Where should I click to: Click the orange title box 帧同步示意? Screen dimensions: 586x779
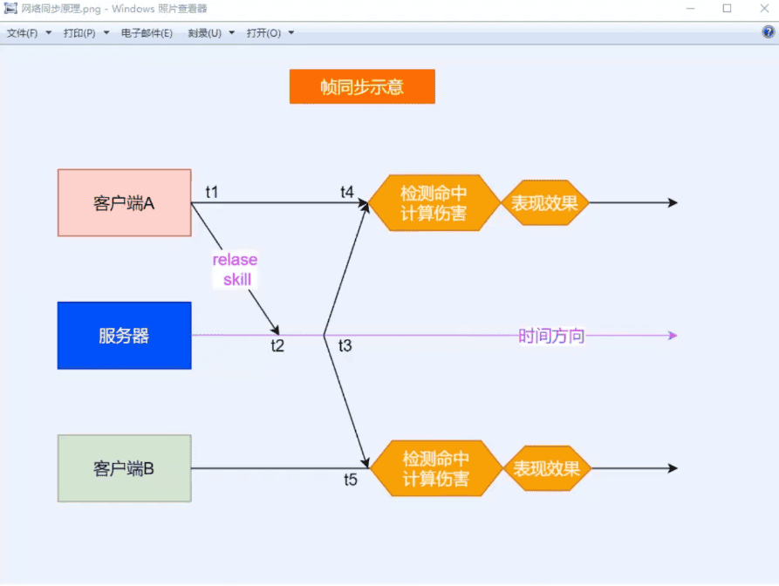click(362, 87)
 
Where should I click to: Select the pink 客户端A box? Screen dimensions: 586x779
click(124, 203)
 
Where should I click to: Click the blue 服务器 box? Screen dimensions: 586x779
click(124, 336)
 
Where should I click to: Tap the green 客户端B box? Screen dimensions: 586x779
click(124, 468)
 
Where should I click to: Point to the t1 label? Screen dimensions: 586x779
click(212, 191)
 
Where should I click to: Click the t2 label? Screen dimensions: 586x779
click(277, 346)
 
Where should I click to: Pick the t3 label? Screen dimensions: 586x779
click(345, 346)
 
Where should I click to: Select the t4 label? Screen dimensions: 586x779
click(347, 192)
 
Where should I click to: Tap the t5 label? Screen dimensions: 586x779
click(350, 480)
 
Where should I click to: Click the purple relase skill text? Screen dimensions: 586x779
click(236, 269)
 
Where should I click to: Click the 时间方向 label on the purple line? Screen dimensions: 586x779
click(551, 336)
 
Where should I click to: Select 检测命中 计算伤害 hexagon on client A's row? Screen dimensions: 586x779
click(434, 202)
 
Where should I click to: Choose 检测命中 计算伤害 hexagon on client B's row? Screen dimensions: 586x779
click(436, 468)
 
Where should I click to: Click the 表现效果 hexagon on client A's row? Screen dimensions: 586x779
click(544, 203)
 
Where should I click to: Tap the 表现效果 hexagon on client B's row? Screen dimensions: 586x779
click(547, 468)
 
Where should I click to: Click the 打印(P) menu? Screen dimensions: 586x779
click(79, 33)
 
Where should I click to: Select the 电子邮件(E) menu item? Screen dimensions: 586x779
click(147, 33)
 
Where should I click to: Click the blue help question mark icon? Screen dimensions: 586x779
click(769, 32)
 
